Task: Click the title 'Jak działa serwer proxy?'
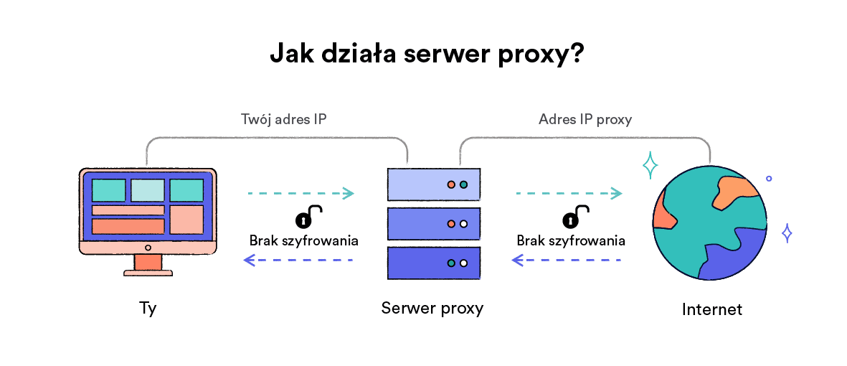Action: (x=426, y=55)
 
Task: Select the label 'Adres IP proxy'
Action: (x=585, y=119)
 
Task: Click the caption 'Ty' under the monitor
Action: (x=148, y=309)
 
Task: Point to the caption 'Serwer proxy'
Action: (x=432, y=309)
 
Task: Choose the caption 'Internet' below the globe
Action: (x=711, y=310)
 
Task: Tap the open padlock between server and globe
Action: (x=575, y=217)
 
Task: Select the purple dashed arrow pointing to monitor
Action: (x=299, y=261)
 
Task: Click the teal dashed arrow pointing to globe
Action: (x=569, y=193)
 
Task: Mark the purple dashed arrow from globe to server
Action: (x=567, y=261)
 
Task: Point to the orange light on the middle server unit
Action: (x=451, y=224)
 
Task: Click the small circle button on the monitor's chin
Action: (x=148, y=248)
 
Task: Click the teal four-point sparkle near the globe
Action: (x=650, y=166)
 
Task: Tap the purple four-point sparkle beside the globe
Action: (x=787, y=233)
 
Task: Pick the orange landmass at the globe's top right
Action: (x=734, y=191)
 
